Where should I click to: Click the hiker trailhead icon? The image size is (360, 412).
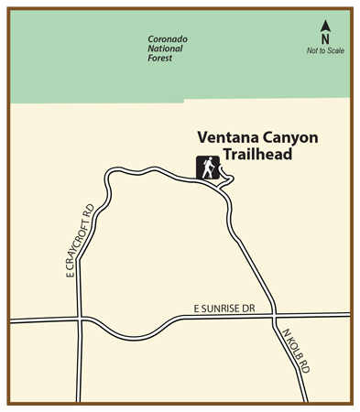coord(208,168)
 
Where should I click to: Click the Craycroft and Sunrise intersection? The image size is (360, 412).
coord(80,320)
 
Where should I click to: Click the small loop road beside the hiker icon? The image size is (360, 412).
coord(227,176)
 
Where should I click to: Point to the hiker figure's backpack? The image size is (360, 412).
coord(204,165)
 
